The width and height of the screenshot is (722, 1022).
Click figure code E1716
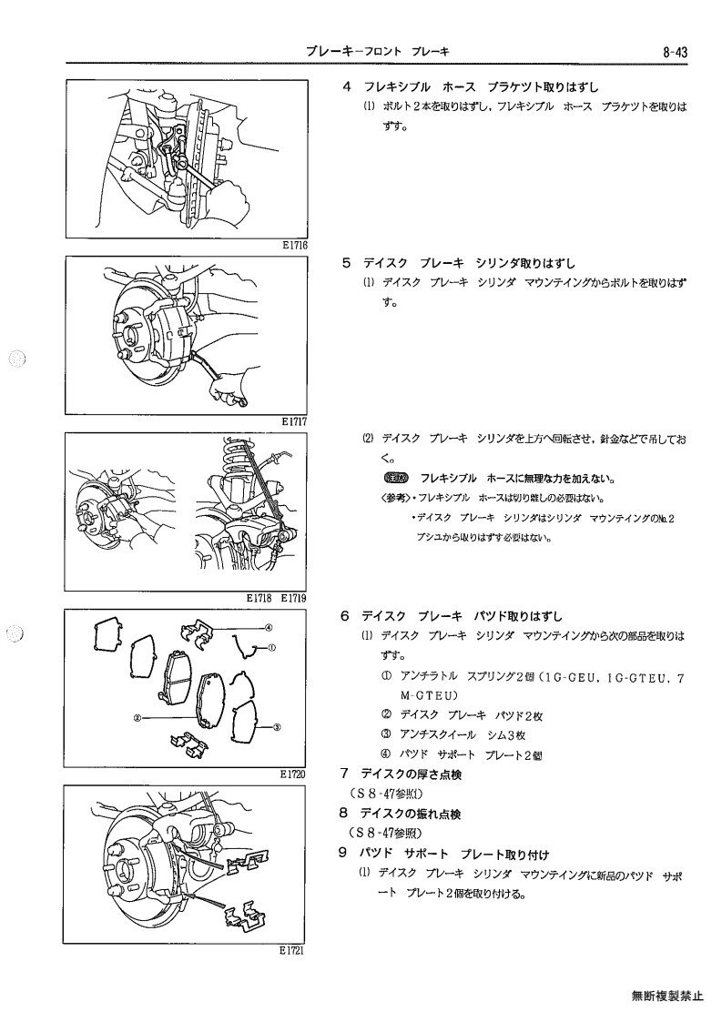pyautogui.click(x=295, y=246)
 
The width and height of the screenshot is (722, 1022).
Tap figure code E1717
pyautogui.click(x=295, y=421)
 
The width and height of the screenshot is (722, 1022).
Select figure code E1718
pyautogui.click(x=259, y=598)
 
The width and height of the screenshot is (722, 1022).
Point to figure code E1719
pyautogui.click(x=294, y=598)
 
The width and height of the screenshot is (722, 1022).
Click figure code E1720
pyautogui.click(x=293, y=774)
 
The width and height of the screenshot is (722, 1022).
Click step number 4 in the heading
pyautogui.click(x=347, y=86)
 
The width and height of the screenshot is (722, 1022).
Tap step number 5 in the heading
pyautogui.click(x=347, y=263)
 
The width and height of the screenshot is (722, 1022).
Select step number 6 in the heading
pyautogui.click(x=345, y=616)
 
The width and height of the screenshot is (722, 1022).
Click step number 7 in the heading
pyautogui.click(x=345, y=774)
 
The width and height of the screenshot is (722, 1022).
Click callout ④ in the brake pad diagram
pyautogui.click(x=269, y=628)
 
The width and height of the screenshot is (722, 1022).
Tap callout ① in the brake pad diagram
pyautogui.click(x=272, y=649)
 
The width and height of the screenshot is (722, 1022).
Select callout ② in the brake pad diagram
pyautogui.click(x=137, y=718)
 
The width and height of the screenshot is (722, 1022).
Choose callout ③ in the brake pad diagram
pyautogui.click(x=277, y=726)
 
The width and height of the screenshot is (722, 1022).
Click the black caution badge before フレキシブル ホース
pyautogui.click(x=397, y=479)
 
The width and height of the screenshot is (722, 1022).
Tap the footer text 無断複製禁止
pyautogui.click(x=667, y=996)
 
